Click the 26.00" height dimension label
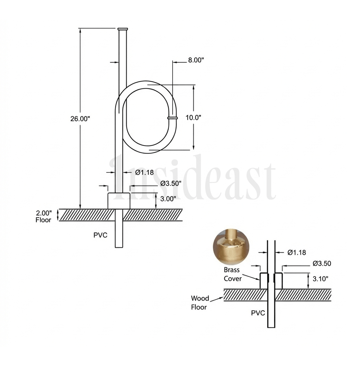80,119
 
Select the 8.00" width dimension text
196,60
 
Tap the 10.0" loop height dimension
193,118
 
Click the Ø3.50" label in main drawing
171,183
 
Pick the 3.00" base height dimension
168,198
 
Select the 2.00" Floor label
44,216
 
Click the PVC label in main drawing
100,235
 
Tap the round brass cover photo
230,247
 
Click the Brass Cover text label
232,274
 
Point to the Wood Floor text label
200,303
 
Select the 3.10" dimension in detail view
320,279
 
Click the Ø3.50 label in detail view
322,264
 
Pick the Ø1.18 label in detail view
296,252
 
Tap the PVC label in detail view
258,313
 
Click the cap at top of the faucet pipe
123,29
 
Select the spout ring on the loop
172,118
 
